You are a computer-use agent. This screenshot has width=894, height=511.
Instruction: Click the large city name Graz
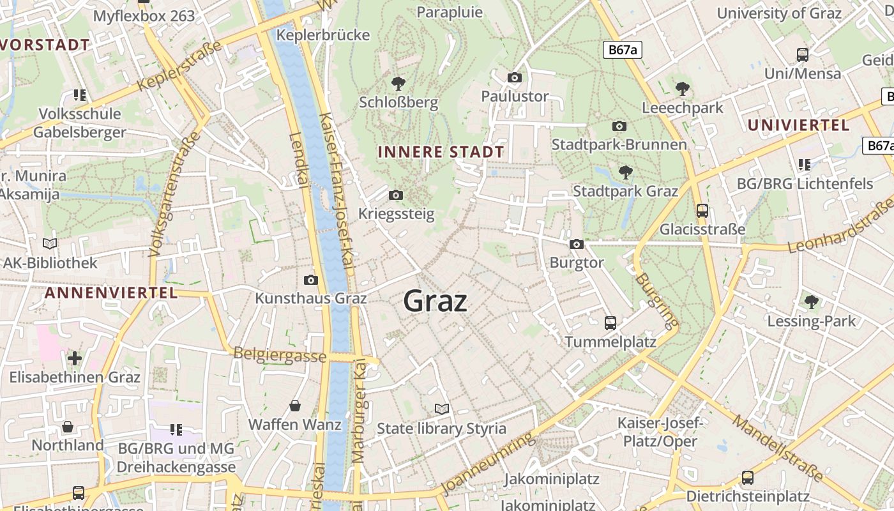(435, 301)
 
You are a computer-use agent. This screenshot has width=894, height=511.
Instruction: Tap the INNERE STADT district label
(441, 152)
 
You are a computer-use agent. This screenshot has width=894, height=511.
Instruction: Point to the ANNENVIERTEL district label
(110, 293)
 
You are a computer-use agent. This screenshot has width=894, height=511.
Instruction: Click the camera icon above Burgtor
(576, 244)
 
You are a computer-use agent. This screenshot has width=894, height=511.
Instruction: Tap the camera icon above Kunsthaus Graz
(311, 280)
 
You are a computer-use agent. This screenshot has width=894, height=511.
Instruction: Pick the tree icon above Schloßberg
(398, 83)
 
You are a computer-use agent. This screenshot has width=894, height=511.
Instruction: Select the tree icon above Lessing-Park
(811, 301)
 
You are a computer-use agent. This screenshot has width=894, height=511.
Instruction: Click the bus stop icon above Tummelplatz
(610, 323)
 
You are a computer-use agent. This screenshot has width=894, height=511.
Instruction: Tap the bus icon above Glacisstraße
(702, 210)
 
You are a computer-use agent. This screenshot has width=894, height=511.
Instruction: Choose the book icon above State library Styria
(441, 409)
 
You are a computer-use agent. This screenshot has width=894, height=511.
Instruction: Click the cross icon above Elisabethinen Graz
(75, 358)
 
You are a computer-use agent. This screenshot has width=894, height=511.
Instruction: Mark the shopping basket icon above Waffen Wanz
(295, 406)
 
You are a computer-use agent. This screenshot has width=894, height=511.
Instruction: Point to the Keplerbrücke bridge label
(322, 35)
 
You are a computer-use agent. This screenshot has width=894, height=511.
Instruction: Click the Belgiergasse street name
(280, 355)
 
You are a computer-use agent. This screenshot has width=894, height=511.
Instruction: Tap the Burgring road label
(655, 301)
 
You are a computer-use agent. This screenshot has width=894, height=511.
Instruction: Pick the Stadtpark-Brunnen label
(619, 144)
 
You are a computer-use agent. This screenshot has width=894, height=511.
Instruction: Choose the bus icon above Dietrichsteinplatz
(747, 477)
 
